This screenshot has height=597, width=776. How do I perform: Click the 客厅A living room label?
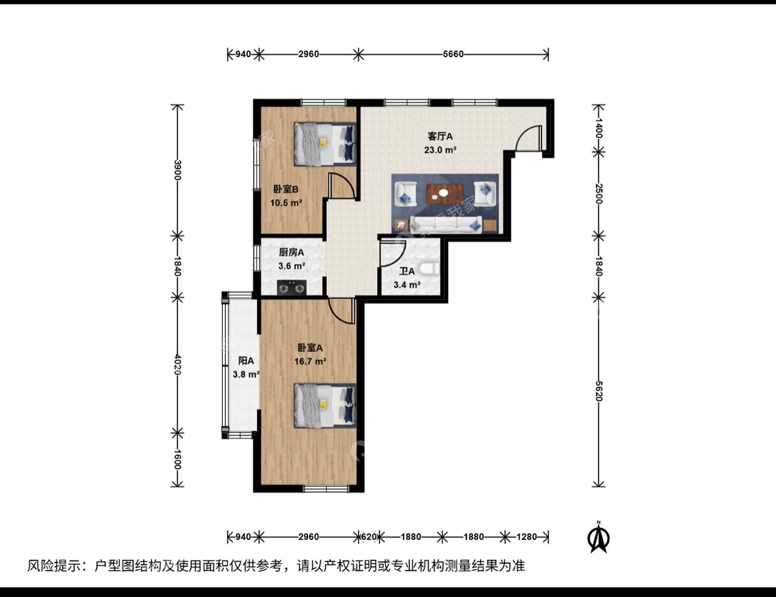click(x=440, y=137)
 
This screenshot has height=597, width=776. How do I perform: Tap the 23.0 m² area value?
click(x=440, y=149)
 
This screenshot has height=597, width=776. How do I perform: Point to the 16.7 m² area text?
click(x=310, y=361)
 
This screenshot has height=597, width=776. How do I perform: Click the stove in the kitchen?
click(x=292, y=287)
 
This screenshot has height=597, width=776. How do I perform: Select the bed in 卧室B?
click(x=324, y=144)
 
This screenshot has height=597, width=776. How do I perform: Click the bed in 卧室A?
click(x=324, y=405)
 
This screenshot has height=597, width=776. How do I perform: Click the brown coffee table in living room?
click(x=445, y=194)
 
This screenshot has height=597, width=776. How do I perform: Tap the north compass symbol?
click(x=599, y=538)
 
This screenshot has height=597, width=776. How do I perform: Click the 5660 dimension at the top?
click(x=453, y=54)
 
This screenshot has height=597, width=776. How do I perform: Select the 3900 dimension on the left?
click(x=177, y=170)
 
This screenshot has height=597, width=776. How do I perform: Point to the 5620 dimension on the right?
click(x=598, y=391)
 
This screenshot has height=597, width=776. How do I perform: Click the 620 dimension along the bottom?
click(x=369, y=536)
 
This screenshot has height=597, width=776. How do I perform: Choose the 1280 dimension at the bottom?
click(x=526, y=536)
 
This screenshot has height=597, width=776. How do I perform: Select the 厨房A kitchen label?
click(x=291, y=252)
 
